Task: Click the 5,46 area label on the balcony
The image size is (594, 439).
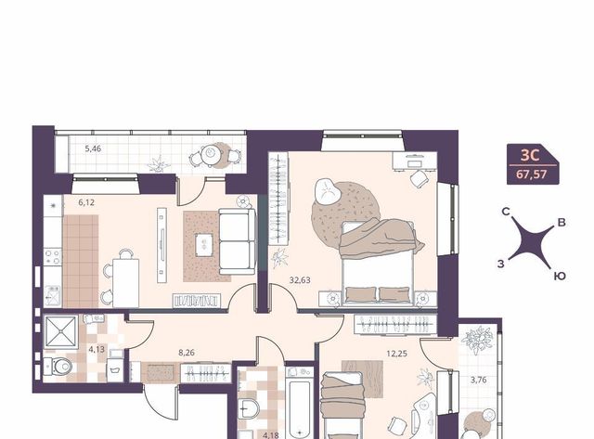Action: pyautogui.click(x=93, y=148)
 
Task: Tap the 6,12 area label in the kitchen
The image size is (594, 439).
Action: pyautogui.click(x=86, y=202)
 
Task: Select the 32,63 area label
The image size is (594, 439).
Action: pyautogui.click(x=300, y=280)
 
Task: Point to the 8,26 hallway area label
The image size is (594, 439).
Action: pyautogui.click(x=187, y=353)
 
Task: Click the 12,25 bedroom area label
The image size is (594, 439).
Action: pyautogui.click(x=396, y=354)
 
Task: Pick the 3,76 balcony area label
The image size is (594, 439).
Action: pyautogui.click(x=479, y=380)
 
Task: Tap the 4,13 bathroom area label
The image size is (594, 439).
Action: pyautogui.click(x=97, y=349)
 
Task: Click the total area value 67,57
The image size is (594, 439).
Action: pyautogui.click(x=532, y=174)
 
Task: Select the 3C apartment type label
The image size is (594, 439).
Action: pyautogui.click(x=530, y=155)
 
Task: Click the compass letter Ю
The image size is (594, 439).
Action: pyautogui.click(x=560, y=276)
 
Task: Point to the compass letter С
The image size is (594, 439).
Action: pyautogui.click(x=505, y=212)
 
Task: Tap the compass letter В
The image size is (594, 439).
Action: pyautogui.click(x=562, y=223)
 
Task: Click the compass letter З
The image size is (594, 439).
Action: pyautogui.click(x=501, y=264)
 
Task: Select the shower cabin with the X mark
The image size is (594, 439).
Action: pyautogui.click(x=61, y=332)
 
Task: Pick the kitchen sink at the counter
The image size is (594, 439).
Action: pyautogui.click(x=52, y=296)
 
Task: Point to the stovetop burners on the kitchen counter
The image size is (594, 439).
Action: pyautogui.click(x=52, y=257)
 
